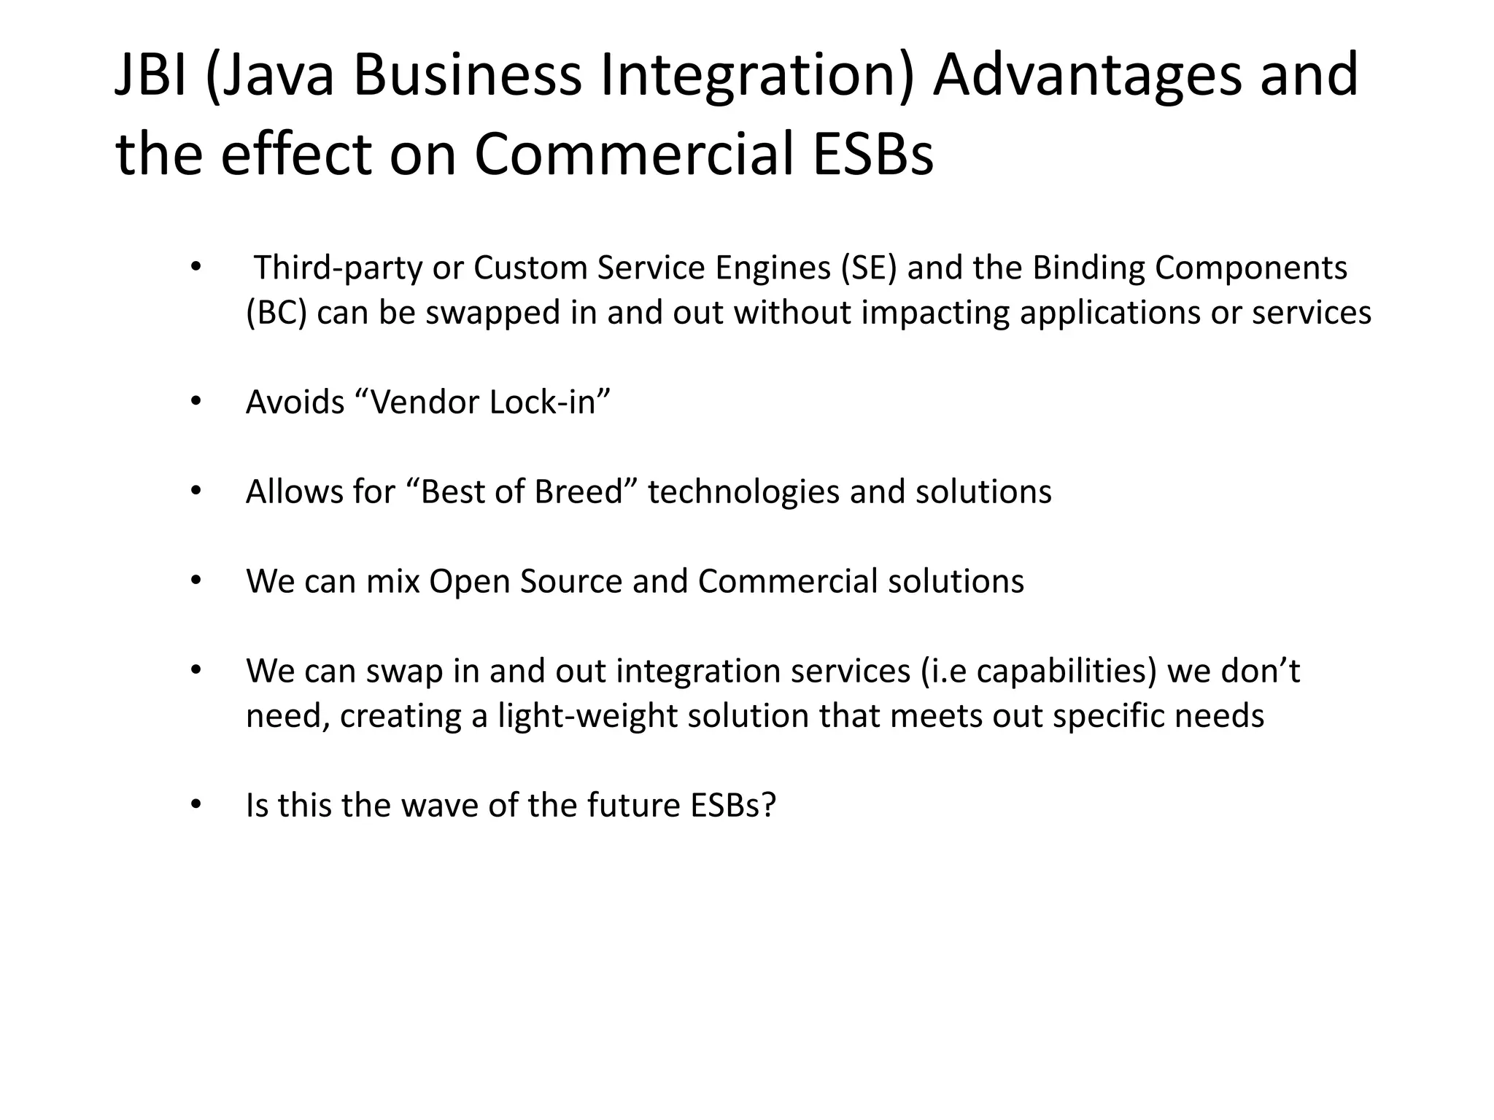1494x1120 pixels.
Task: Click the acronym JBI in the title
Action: click(151, 76)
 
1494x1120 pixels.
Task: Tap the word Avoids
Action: click(295, 402)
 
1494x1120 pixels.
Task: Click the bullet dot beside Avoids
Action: click(195, 402)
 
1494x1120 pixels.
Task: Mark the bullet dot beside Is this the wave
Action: click(195, 805)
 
